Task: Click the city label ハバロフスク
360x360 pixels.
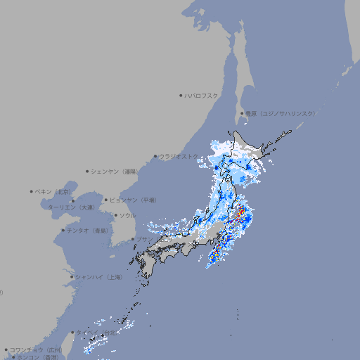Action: pos(202,95)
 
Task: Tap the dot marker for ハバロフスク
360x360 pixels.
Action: pos(181,95)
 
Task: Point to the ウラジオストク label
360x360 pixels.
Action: pos(179,156)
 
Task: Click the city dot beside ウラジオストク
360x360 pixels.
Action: pos(155,156)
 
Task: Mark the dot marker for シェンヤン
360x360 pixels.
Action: pos(88,171)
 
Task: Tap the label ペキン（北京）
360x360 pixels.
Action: pos(53,191)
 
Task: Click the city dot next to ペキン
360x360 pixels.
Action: pos(32,191)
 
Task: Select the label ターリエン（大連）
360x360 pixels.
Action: pos(70,207)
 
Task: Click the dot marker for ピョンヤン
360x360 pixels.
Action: pos(106,200)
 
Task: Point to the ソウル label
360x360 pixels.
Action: pos(127,216)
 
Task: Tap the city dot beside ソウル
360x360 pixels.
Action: pos(115,216)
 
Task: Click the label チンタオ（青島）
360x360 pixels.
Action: pos(87,231)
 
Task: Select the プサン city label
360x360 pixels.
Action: pos(143,240)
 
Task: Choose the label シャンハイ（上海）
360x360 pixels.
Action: pos(99,278)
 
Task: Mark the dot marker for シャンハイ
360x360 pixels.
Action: pos(72,277)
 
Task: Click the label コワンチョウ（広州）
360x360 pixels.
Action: pos(36,349)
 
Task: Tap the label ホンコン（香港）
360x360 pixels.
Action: pos(35,357)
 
